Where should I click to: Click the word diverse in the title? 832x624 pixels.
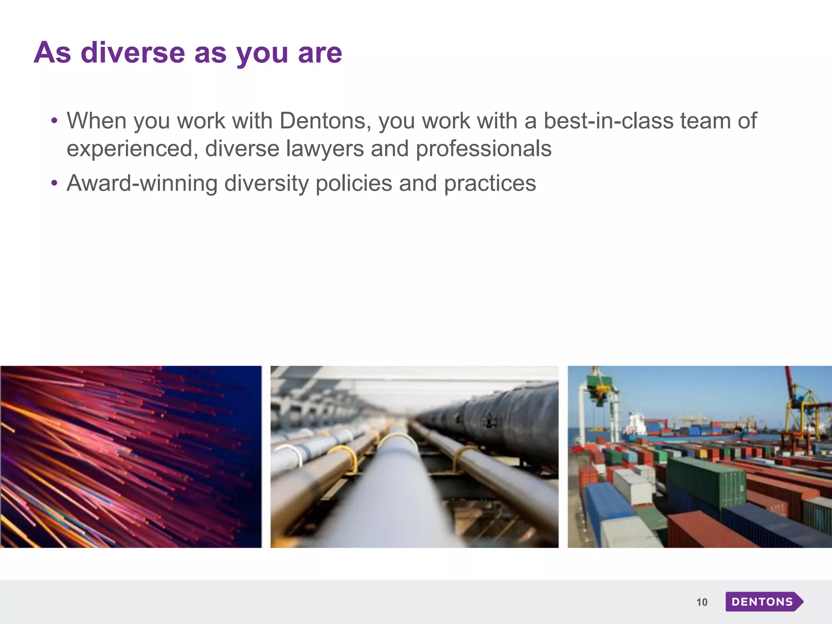[x=133, y=53]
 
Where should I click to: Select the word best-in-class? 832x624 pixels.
[x=608, y=121]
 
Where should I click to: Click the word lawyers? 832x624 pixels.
[x=325, y=149]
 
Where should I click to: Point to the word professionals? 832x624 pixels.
[x=483, y=149]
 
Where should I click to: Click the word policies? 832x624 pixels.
[x=353, y=183]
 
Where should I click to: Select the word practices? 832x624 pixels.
[x=490, y=183]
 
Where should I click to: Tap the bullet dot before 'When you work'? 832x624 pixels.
[x=54, y=121]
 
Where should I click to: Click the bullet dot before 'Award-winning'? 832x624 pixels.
[x=54, y=183]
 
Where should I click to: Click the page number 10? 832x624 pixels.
[x=702, y=602]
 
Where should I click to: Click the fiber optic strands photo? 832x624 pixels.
[x=130, y=457]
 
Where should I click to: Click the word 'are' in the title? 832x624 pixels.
[x=320, y=53]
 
